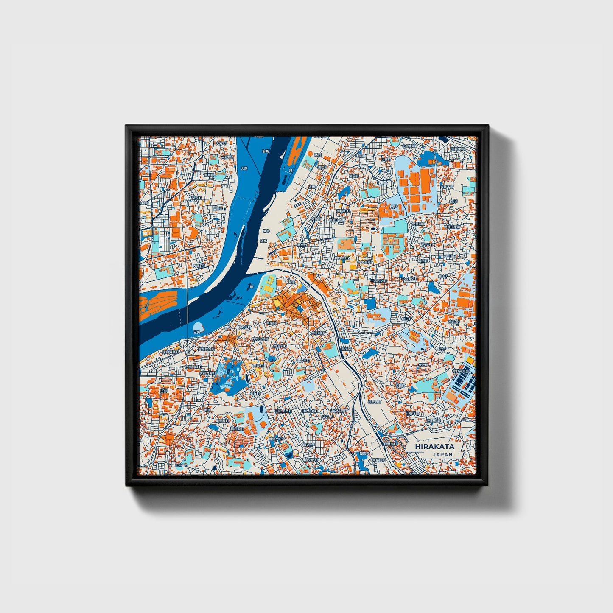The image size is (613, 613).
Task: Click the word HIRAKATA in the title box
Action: coord(434,446)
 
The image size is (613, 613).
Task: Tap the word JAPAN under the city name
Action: coord(442,454)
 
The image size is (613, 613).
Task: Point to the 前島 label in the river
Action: coord(266,151)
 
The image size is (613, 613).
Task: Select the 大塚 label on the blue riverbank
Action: coord(244,168)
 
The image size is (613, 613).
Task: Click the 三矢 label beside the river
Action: coord(197,332)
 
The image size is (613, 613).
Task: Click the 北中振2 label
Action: coord(181,465)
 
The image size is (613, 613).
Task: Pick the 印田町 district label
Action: coord(400,386)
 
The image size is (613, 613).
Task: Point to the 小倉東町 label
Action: coord(409,146)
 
